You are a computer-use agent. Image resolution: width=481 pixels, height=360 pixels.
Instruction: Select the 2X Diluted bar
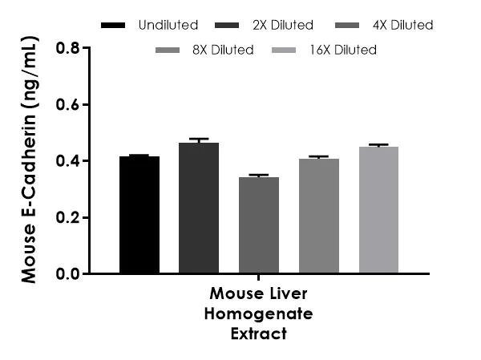pyautogui.click(x=199, y=208)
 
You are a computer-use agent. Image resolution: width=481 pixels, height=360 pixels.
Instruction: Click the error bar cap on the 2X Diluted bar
pyautogui.click(x=199, y=140)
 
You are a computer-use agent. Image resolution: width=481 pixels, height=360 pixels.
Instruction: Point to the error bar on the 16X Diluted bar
pyautogui.click(x=378, y=145)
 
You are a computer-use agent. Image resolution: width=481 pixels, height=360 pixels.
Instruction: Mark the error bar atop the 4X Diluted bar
pyautogui.click(x=259, y=175)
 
